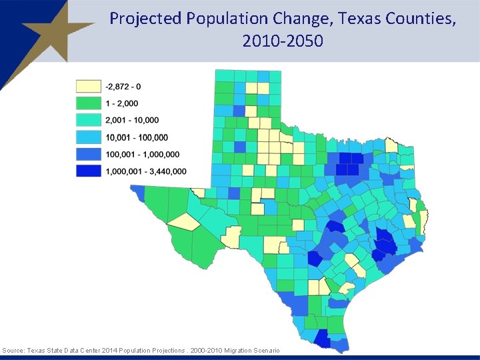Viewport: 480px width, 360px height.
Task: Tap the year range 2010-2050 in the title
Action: point(283,41)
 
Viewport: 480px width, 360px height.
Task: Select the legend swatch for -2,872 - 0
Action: point(88,86)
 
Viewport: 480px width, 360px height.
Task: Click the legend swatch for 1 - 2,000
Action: point(88,103)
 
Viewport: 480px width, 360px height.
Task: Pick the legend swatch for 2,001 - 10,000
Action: point(88,120)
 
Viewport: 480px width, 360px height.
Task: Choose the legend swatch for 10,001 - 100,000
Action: point(88,137)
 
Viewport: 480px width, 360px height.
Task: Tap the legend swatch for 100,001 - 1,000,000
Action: point(88,155)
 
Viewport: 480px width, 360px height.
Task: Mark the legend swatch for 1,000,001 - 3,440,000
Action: point(88,171)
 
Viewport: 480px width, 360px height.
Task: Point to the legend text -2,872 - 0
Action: point(123,86)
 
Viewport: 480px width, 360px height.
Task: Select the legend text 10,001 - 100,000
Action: point(137,137)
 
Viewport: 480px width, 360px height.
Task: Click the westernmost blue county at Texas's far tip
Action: point(137,193)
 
